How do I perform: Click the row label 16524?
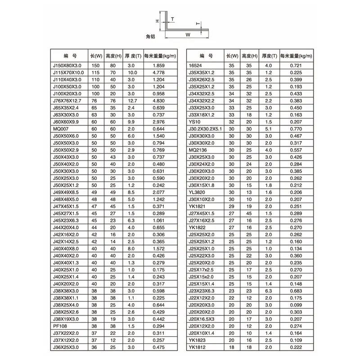coord(195,66)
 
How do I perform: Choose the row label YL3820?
coord(198,192)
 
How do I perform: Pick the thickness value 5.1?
coord(269,129)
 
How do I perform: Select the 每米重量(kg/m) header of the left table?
coord(160,56)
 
